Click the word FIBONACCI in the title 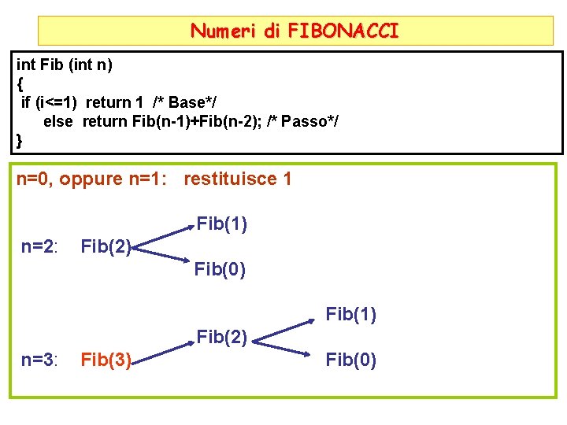(x=343, y=31)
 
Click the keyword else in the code (x=57, y=121)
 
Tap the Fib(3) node (x=106, y=360)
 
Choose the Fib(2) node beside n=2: (x=106, y=247)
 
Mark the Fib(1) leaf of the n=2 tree (x=222, y=224)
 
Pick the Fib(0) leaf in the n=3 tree (x=351, y=360)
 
